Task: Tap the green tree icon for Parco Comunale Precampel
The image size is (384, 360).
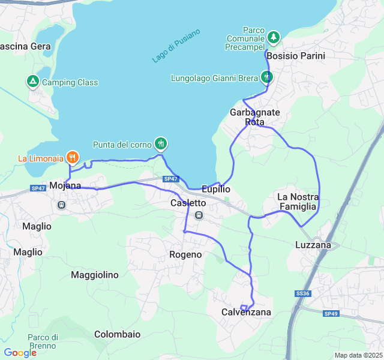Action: click(274, 38)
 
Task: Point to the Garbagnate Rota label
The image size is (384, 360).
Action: click(255, 117)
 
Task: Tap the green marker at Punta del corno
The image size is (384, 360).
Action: click(160, 143)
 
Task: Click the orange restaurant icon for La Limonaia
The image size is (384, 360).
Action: click(72, 158)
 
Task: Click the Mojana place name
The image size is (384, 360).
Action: click(65, 185)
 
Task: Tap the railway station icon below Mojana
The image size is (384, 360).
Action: click(61, 205)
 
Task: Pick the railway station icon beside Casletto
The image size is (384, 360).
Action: click(199, 215)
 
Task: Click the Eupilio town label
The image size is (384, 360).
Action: click(216, 188)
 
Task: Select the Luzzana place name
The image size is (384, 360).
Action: click(313, 245)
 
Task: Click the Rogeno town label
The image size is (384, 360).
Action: click(185, 254)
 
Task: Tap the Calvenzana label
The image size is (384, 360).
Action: click(246, 312)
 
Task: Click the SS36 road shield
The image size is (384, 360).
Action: click(302, 293)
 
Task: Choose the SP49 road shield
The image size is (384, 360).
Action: click(331, 314)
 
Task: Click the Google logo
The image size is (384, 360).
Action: click(20, 353)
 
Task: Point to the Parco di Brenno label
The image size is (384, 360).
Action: click(42, 341)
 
